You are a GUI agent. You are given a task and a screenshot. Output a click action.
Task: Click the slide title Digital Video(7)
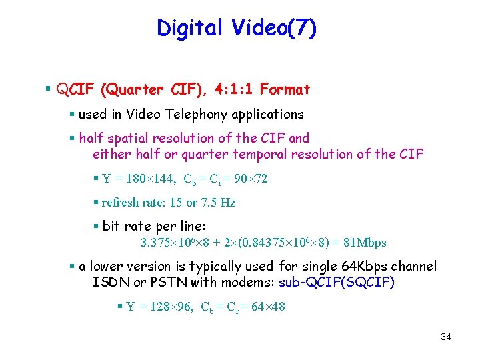tap(237, 28)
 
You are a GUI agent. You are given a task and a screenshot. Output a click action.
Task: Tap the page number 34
tap(446, 337)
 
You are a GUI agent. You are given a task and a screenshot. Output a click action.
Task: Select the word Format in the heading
tap(285, 89)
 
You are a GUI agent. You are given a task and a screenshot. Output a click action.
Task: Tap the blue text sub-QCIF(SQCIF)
tap(337, 283)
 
